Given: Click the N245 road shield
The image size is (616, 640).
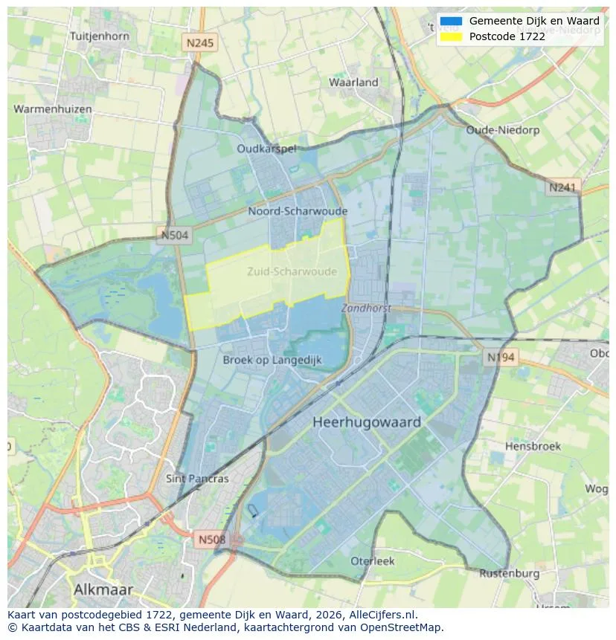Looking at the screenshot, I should [x=200, y=43].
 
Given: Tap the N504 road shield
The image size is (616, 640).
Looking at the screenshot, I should [x=176, y=236].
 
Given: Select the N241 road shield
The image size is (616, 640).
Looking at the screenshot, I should [x=562, y=188].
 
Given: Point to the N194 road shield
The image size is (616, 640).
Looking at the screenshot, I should [x=501, y=358].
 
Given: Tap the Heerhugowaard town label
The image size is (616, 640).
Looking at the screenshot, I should [x=367, y=422].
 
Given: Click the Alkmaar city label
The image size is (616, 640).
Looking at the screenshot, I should [x=103, y=589].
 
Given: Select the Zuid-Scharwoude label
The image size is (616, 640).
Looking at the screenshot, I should [x=292, y=271].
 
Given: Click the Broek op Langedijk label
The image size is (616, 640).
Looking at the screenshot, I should [x=272, y=360].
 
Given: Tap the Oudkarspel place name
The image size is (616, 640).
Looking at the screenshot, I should [x=266, y=149].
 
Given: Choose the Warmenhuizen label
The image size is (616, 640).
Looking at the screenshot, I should [x=53, y=109].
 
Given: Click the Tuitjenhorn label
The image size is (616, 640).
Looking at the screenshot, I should [x=99, y=36].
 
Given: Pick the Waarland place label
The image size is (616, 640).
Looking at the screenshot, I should [x=354, y=83].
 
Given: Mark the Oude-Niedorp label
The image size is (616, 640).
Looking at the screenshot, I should [x=502, y=130].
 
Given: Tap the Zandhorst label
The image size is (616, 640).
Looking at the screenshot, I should [x=366, y=308].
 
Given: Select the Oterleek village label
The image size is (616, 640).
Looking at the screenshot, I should [x=373, y=561].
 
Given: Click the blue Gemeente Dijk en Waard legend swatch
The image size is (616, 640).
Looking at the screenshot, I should [x=451, y=22].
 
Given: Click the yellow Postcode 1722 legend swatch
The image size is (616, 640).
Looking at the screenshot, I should [x=451, y=36].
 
